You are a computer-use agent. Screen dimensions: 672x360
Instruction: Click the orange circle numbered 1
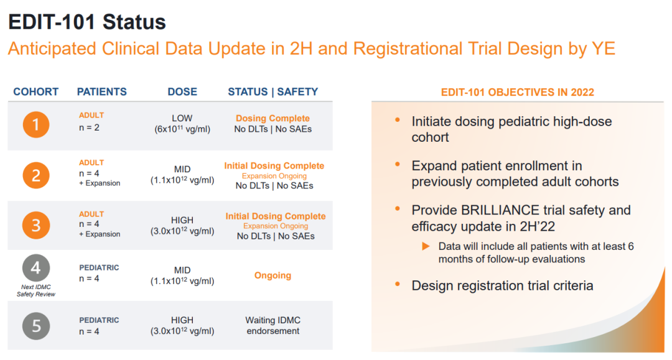pos(36,124)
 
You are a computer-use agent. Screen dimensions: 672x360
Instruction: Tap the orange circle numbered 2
pos(36,175)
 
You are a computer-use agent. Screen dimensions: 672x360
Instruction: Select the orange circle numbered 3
pos(36,225)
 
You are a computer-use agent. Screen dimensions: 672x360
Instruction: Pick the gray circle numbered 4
pos(36,268)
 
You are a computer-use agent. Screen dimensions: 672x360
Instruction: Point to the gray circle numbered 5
pos(36,326)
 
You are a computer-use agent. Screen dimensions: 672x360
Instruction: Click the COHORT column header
pos(36,91)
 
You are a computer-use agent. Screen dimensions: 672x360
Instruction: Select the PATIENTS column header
pos(102,91)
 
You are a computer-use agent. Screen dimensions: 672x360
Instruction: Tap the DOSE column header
pos(182,91)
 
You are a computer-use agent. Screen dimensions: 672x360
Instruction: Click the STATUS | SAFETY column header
pos(273,91)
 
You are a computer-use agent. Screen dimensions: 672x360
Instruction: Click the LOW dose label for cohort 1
pos(182,118)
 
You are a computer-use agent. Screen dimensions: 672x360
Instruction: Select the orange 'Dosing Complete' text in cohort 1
pos(273,118)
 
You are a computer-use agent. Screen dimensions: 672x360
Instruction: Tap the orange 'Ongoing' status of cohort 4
pos(273,275)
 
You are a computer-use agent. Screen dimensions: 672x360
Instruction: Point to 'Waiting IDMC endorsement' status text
pos(273,325)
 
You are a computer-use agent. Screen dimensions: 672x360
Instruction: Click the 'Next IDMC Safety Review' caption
pos(36,290)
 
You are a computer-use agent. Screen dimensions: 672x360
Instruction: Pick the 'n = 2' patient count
pos(89,127)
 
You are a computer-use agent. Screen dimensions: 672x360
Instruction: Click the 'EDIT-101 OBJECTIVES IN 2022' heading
pos(518,92)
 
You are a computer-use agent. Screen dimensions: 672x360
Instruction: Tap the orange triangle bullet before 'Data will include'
pos(426,246)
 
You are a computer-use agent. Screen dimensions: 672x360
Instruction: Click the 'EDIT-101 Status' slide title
pos(87,22)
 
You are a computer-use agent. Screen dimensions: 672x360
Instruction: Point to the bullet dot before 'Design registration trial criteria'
pos(398,284)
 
